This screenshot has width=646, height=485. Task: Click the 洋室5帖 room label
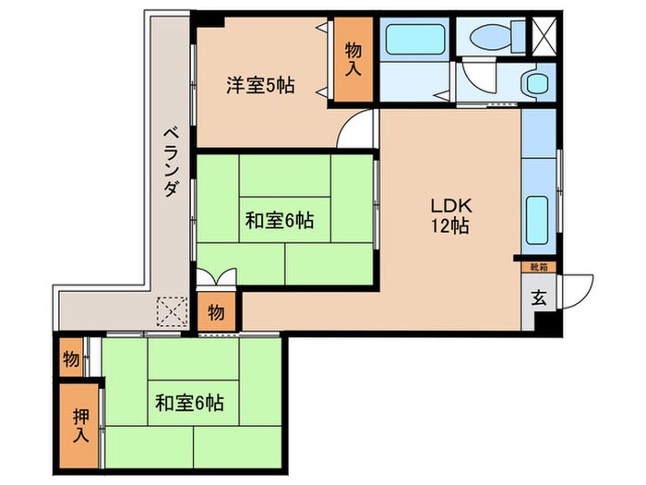[x=261, y=86]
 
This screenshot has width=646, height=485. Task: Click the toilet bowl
[x=492, y=37]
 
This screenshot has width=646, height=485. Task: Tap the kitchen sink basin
[x=538, y=216]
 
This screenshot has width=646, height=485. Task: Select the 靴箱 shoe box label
[x=538, y=267]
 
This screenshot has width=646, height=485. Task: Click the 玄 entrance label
[x=538, y=297]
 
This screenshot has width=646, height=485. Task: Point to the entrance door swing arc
[x=577, y=288]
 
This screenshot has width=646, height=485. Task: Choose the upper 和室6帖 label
[x=279, y=221]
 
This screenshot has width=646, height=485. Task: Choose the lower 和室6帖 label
[x=188, y=403]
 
